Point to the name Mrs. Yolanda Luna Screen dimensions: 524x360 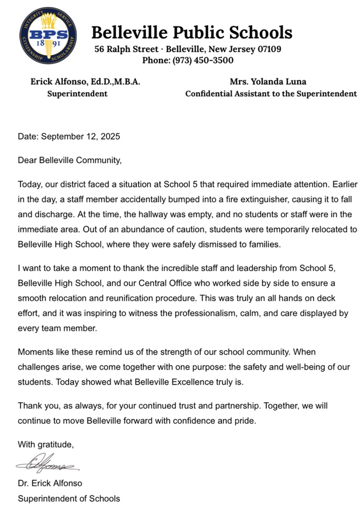pos(271,81)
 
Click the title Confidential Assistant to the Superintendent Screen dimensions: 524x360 pos(271,94)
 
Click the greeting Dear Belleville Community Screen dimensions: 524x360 pos(70,160)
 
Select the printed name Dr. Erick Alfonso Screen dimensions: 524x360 pos(50,484)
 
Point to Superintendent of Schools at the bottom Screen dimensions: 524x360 pos(69,498)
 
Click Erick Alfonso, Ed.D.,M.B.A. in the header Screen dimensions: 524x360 pos(85,81)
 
